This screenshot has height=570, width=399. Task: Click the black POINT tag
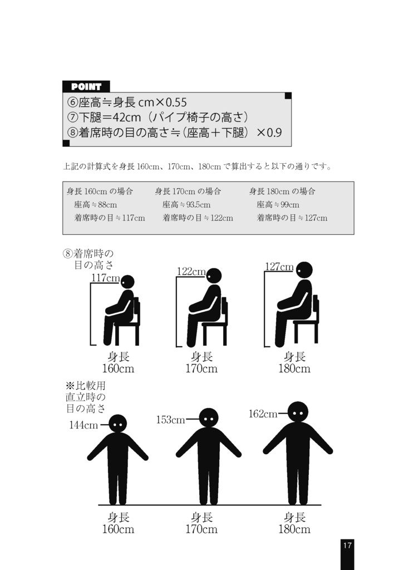[86, 86]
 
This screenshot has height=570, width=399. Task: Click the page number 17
[347, 546]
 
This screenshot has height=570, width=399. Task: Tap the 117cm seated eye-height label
[106, 278]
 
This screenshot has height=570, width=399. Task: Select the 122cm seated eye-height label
[191, 271]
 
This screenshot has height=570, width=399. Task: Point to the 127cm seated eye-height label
[279, 267]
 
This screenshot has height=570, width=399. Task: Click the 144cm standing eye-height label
[83, 425]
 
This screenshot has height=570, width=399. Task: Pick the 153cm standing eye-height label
[170, 420]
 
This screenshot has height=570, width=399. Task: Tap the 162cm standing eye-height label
[263, 414]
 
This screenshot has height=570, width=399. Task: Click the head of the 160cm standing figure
[117, 424]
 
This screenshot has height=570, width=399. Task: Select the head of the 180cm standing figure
[298, 411]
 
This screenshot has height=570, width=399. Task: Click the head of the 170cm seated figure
[214, 276]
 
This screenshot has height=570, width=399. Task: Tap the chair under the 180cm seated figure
[307, 326]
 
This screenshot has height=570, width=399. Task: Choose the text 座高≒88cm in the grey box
[95, 205]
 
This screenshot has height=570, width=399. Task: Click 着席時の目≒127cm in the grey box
[292, 218]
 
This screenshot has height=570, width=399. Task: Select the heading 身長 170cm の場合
[188, 191]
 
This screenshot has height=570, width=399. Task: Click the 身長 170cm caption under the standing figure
[201, 523]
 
